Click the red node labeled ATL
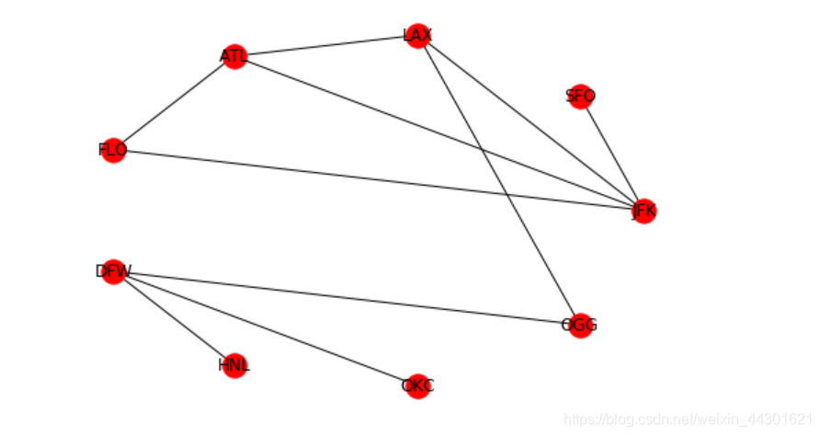[234, 57]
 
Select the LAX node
[418, 36]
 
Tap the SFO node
[580, 96]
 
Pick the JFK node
[643, 211]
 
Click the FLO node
[112, 150]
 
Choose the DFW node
[113, 271]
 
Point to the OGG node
[579, 325]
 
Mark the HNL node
[234, 365]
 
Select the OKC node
[417, 385]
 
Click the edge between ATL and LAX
[326, 47]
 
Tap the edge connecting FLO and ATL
[174, 103]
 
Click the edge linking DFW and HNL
[174, 318]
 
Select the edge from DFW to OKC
[265, 328]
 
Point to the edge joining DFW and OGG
[346, 298]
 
